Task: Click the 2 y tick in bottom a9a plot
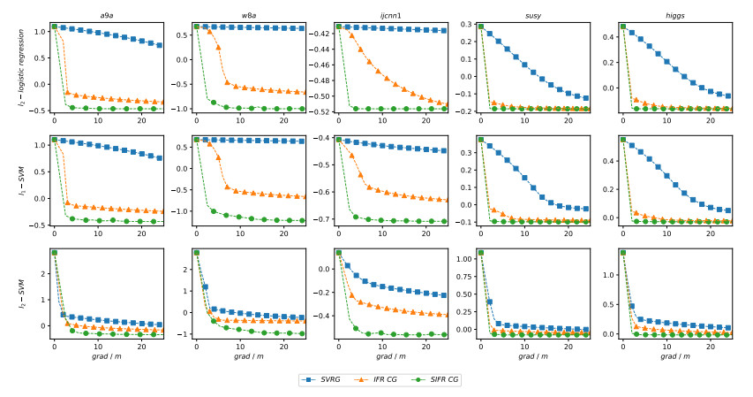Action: pos(41,274)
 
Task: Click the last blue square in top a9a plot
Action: pos(159,44)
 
